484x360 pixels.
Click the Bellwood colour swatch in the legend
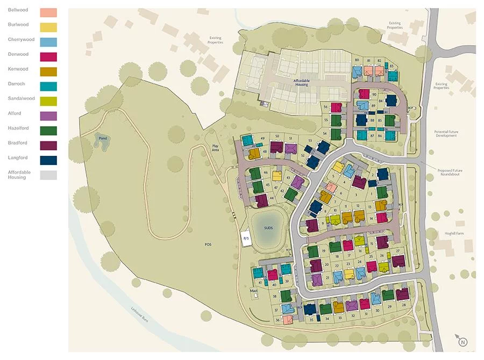point(49,12)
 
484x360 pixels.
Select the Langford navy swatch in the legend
point(49,160)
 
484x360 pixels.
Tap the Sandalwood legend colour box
point(49,101)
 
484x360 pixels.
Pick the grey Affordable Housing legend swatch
point(49,175)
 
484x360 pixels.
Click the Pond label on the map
point(103,138)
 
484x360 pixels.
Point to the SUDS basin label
point(268,228)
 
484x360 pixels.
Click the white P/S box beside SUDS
point(246,238)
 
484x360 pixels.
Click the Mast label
point(254,291)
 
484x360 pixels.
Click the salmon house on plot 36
point(287,320)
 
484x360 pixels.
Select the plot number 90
point(374,95)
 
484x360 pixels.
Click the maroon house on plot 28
point(402,293)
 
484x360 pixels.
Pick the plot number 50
point(277,136)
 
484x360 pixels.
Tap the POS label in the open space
point(208,245)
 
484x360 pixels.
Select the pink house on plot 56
point(336,107)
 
